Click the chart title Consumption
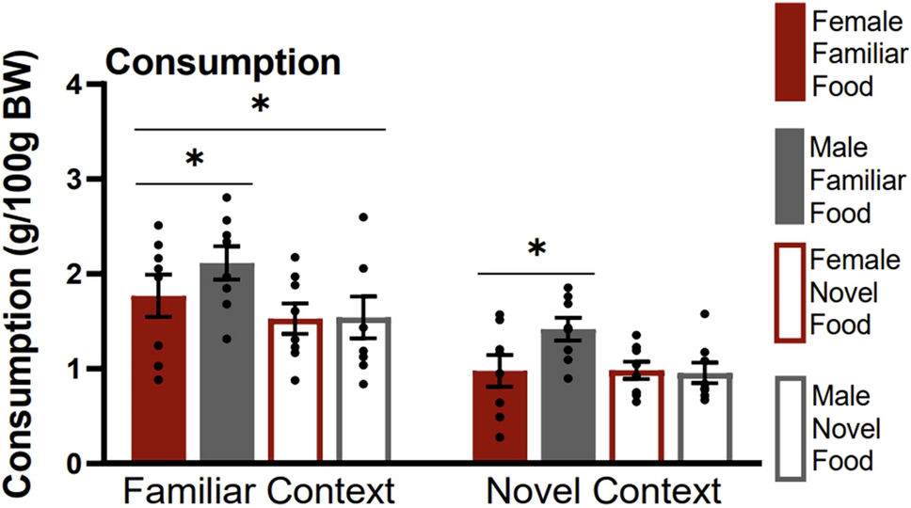point(222,63)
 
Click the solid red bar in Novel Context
point(501,418)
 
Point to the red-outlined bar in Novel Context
point(637,418)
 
